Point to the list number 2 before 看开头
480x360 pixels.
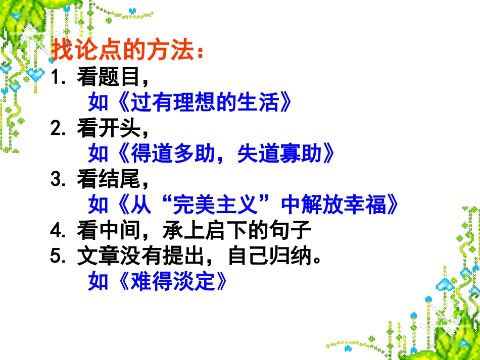[56, 129]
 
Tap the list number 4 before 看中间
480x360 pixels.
[56, 231]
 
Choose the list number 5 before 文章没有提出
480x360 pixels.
[56, 256]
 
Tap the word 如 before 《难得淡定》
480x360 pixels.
[98, 282]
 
